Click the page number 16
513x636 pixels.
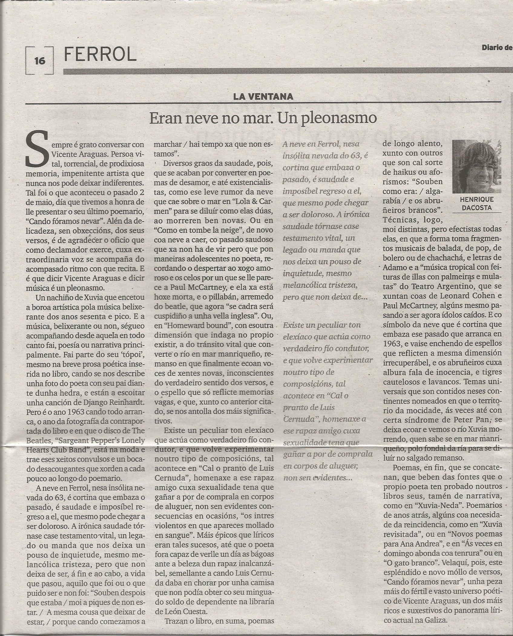click(40, 61)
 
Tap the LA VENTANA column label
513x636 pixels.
click(263, 96)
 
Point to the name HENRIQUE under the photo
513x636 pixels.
click(476, 199)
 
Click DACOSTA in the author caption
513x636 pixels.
click(476, 208)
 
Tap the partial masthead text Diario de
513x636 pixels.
click(495, 47)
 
